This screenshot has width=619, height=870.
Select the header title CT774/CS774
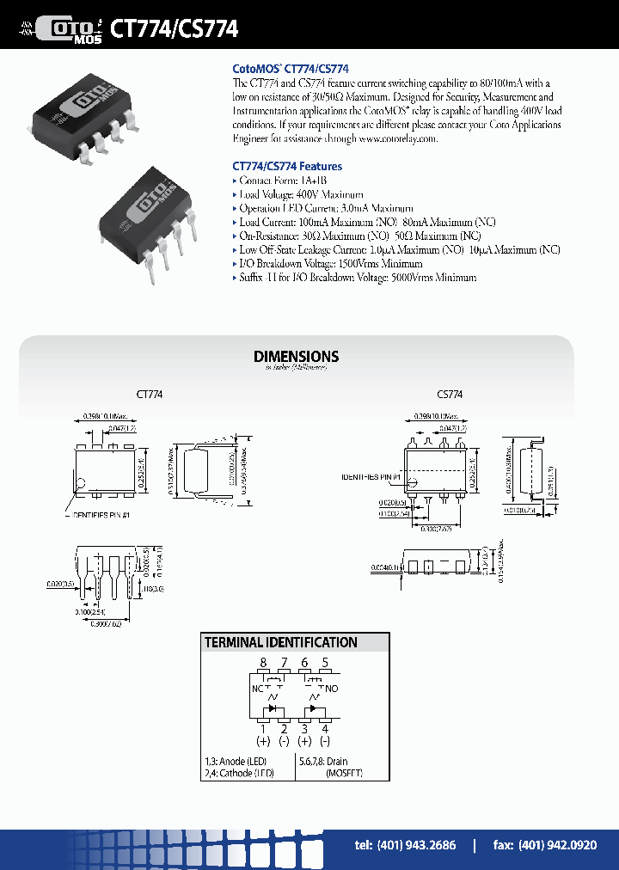pyautogui.click(x=175, y=28)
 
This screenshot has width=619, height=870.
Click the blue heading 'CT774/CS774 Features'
pyautogui.click(x=287, y=166)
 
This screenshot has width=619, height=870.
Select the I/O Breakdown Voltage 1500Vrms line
pyautogui.click(x=330, y=264)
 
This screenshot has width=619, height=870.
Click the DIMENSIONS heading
pyautogui.click(x=296, y=356)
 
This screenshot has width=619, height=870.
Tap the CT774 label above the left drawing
pyautogui.click(x=150, y=395)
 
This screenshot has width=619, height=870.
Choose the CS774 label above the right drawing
pyautogui.click(x=449, y=395)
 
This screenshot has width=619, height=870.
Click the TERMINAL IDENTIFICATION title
pyautogui.click(x=280, y=642)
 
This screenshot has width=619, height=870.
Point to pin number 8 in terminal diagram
pyautogui.click(x=264, y=663)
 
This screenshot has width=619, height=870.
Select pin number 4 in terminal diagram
pyautogui.click(x=325, y=729)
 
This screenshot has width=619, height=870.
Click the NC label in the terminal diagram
pyautogui.click(x=258, y=689)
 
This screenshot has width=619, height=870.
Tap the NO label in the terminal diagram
pyautogui.click(x=334, y=689)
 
